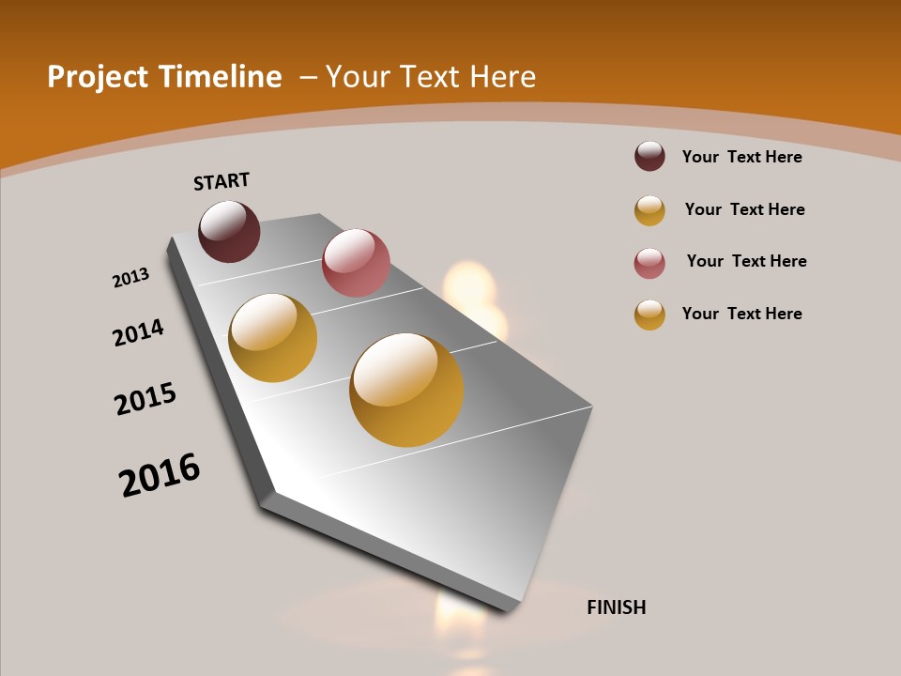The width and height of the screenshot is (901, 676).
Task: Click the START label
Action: pyautogui.click(x=221, y=181)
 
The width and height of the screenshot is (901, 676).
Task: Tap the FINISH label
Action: pyautogui.click(x=616, y=607)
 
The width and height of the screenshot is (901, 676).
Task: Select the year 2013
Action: pyautogui.click(x=130, y=277)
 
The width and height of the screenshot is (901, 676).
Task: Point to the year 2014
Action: pyautogui.click(x=138, y=332)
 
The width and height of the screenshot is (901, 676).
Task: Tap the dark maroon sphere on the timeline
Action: pyautogui.click(x=229, y=231)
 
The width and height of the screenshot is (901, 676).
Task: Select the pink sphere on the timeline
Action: pyautogui.click(x=356, y=262)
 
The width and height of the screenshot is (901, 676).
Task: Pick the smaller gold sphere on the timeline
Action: pyautogui.click(x=272, y=338)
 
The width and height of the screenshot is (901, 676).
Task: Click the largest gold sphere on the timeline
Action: pyautogui.click(x=406, y=390)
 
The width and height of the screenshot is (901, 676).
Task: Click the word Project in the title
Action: pyautogui.click(x=99, y=77)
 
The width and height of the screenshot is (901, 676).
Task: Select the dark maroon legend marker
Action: pyautogui.click(x=649, y=157)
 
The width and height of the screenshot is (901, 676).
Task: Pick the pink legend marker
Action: pyautogui.click(x=649, y=263)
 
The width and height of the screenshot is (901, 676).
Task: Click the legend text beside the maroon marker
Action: pyautogui.click(x=741, y=157)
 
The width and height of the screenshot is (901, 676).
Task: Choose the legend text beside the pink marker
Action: pyautogui.click(x=746, y=261)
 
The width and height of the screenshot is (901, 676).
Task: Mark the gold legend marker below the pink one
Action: pyautogui.click(x=649, y=315)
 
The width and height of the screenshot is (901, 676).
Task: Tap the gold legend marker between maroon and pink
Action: pyautogui.click(x=649, y=210)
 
